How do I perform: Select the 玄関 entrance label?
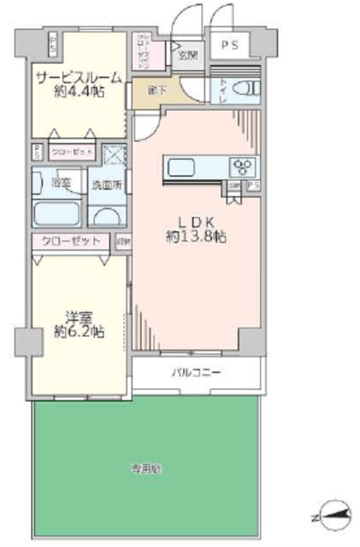click(186, 57)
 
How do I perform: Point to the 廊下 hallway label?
click(156, 90)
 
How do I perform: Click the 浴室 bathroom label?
click(60, 181)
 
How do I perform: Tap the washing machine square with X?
click(113, 154)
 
